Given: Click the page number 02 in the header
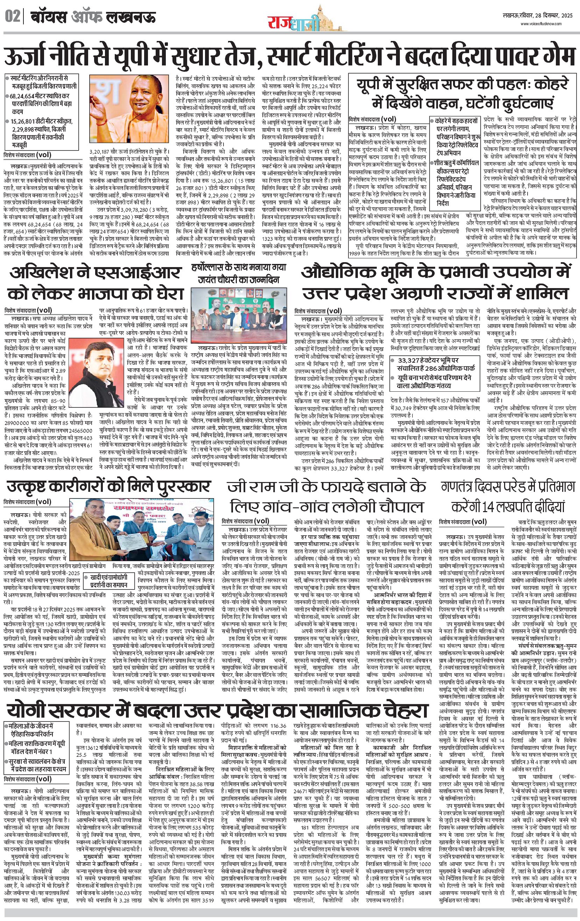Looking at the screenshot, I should pos(13,17).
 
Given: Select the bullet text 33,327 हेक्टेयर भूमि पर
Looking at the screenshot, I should pos(428,360).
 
